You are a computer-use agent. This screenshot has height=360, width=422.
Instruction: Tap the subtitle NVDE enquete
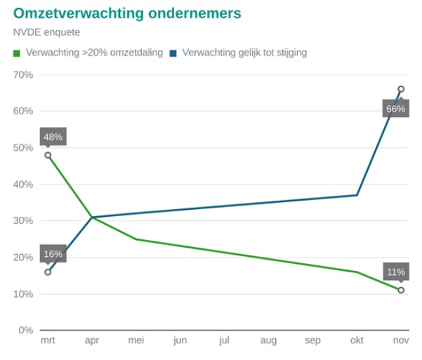point(46,32)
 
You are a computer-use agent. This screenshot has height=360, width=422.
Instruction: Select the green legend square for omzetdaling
point(17,53)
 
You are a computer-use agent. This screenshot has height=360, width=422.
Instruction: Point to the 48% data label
point(53,137)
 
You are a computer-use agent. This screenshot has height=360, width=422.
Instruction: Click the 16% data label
point(53,254)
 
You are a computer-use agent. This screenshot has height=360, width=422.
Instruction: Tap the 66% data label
point(395,109)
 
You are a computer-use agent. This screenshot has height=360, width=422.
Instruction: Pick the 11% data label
point(395,272)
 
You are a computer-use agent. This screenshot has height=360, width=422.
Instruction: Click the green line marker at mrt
point(48,155)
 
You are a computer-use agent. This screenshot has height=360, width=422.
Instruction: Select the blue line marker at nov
point(401,89)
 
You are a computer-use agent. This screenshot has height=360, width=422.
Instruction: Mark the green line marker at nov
point(401,290)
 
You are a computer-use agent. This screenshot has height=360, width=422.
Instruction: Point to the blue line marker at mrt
point(48,272)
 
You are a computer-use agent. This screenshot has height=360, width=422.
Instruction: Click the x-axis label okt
point(357,341)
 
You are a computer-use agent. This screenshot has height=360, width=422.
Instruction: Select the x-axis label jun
point(180,341)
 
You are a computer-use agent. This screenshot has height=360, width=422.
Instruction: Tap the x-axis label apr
point(92,341)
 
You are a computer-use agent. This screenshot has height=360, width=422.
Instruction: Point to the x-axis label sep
point(312,341)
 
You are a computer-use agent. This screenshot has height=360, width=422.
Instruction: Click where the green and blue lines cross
point(92,218)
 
